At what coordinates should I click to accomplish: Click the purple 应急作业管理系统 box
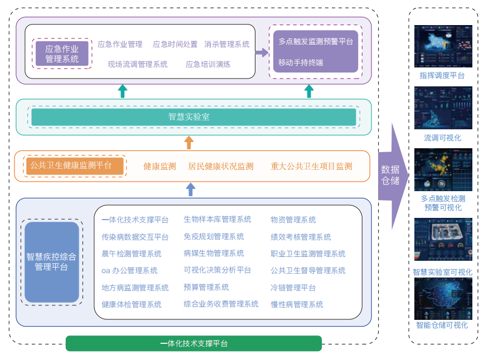point(62,53)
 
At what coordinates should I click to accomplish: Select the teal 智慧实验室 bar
point(194,117)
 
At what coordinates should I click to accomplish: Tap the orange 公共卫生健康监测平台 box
point(75,166)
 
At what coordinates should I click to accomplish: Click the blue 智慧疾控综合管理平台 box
point(52,262)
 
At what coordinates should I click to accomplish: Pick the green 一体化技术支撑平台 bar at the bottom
point(194,343)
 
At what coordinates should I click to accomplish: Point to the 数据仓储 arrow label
point(390,176)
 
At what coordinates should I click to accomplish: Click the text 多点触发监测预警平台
point(316,41)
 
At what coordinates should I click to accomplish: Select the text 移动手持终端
point(301,62)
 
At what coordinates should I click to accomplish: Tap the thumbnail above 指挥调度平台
point(443,47)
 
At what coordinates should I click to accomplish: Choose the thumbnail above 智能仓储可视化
point(443,299)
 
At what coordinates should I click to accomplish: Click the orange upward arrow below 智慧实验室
point(189,143)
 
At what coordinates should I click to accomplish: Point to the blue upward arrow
point(190,189)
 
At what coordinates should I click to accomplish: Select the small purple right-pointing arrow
point(262,53)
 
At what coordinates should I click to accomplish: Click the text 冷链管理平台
point(293,288)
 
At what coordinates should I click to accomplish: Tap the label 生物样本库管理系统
point(217,220)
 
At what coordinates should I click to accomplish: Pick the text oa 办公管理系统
point(129,271)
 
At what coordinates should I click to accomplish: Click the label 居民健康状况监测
point(221,166)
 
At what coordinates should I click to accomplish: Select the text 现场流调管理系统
point(138,65)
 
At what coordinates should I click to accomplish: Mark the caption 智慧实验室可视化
point(443,273)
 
